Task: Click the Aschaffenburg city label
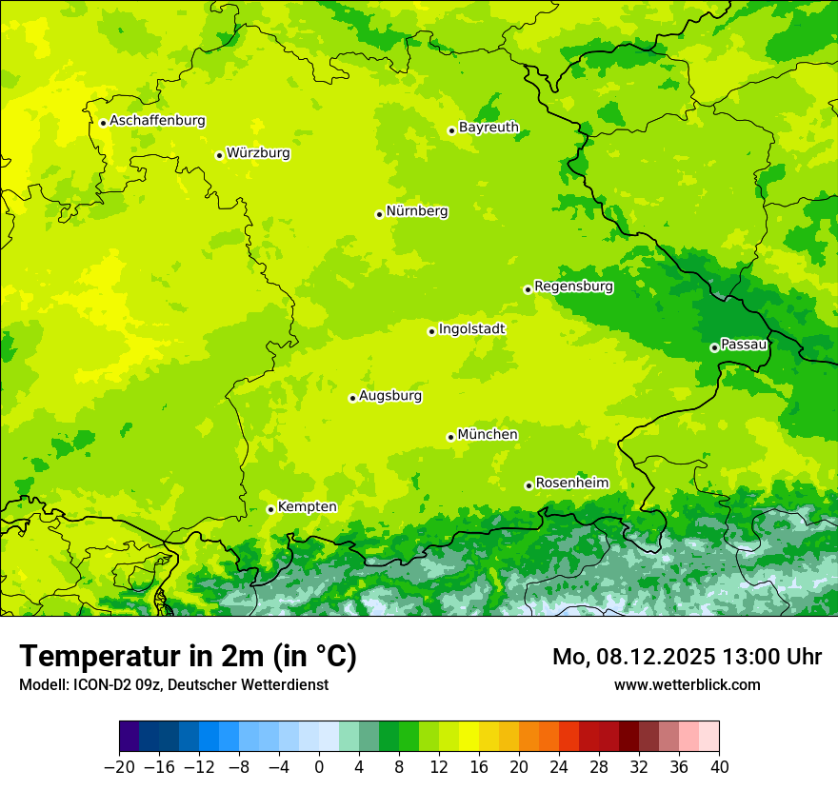pyautogui.click(x=157, y=121)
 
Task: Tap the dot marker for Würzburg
pyautogui.click(x=219, y=155)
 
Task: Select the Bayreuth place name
pyautogui.click(x=489, y=128)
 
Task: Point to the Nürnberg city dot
pyautogui.click(x=379, y=214)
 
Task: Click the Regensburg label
pyautogui.click(x=573, y=286)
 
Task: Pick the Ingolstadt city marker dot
pyautogui.click(x=431, y=331)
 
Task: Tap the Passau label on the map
pyautogui.click(x=744, y=345)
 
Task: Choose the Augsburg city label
pyautogui.click(x=390, y=396)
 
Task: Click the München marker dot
pyautogui.click(x=450, y=437)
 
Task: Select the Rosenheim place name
pyautogui.click(x=571, y=484)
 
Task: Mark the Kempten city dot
pyautogui.click(x=270, y=509)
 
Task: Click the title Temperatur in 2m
pyautogui.click(x=188, y=657)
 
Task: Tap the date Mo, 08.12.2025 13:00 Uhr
pyautogui.click(x=687, y=657)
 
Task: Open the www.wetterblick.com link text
pyautogui.click(x=687, y=684)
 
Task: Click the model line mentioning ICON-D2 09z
pyautogui.click(x=173, y=685)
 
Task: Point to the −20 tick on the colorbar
pyautogui.click(x=119, y=767)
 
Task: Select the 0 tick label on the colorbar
pyautogui.click(x=319, y=767)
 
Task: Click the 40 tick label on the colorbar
pyautogui.click(x=719, y=767)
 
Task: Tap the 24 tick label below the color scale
pyautogui.click(x=559, y=767)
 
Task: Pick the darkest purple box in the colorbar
pyautogui.click(x=129, y=737)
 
